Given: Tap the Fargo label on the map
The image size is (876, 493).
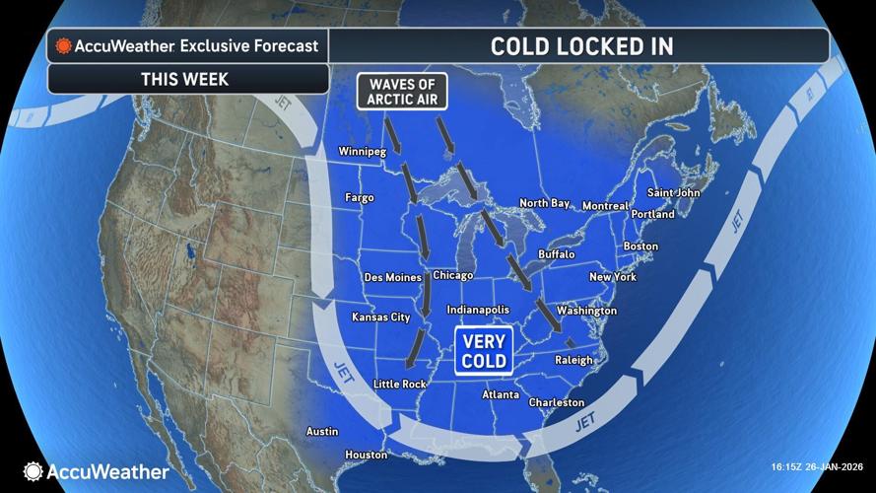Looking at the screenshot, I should pyautogui.click(x=359, y=198).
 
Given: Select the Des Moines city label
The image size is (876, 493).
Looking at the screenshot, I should pyautogui.click(x=392, y=277).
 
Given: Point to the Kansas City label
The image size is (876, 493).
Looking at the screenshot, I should pyautogui.click(x=380, y=317).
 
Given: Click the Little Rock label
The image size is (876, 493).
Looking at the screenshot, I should pyautogui.click(x=400, y=384).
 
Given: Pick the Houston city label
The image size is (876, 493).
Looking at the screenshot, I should pyautogui.click(x=366, y=455).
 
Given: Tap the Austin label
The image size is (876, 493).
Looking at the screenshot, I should pyautogui.click(x=322, y=432).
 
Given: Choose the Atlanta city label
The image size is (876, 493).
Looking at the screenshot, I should pyautogui.click(x=501, y=395).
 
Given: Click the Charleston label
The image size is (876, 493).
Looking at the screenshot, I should pyautogui.click(x=557, y=402).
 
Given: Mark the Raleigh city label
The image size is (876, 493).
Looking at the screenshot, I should pyautogui.click(x=573, y=361).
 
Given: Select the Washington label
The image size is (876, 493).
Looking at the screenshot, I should pyautogui.click(x=586, y=311).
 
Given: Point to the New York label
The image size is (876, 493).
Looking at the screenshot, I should pyautogui.click(x=612, y=277).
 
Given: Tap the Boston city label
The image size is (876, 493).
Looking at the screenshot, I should pyautogui.click(x=640, y=246).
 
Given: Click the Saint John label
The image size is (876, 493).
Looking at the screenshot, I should pyautogui.click(x=673, y=193).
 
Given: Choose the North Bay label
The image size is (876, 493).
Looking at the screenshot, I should pyautogui.click(x=545, y=203).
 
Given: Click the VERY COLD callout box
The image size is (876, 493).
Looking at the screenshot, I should pyautogui.click(x=484, y=352).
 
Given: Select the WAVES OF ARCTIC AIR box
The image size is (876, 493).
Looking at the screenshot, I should pyautogui.click(x=401, y=91).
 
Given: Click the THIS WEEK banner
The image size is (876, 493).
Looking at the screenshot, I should pyautogui.click(x=186, y=78).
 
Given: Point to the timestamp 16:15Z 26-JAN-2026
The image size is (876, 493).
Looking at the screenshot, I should pyautogui.click(x=817, y=467).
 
